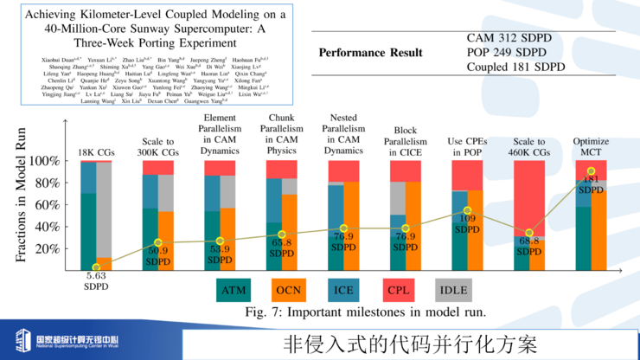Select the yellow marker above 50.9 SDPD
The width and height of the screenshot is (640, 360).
157,243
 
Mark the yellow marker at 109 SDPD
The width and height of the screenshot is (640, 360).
467,211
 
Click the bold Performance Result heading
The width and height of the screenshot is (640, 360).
370,53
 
